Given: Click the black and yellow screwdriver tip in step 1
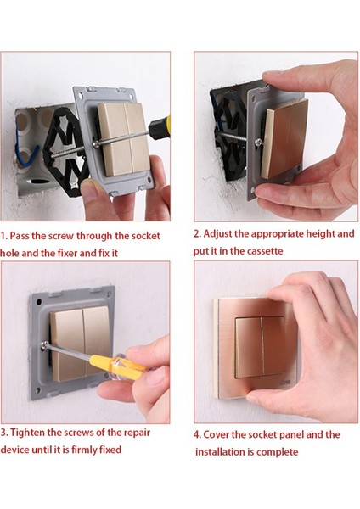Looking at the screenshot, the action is (160, 126).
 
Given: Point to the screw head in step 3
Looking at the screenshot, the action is (45, 344).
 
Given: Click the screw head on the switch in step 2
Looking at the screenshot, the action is (258, 142).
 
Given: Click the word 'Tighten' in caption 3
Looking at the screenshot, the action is (27, 433).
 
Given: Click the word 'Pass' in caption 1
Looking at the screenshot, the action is (20, 236).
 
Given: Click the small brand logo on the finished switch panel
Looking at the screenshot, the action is (284, 383).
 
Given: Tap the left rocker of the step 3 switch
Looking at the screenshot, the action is (68, 344).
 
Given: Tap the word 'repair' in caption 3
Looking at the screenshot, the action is (138, 433).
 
